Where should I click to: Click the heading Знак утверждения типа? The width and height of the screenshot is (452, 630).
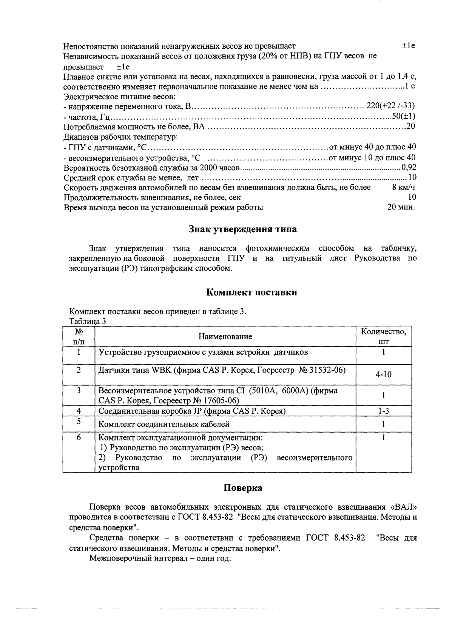point(242,229)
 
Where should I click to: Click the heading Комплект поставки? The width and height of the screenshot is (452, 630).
point(251,292)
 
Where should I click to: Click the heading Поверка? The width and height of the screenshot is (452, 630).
point(243,488)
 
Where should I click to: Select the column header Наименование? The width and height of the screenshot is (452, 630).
point(225,336)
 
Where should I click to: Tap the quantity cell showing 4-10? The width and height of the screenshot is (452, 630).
point(383,374)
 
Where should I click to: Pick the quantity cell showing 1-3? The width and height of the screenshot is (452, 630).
point(383,411)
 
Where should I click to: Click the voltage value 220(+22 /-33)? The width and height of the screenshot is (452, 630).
point(390,106)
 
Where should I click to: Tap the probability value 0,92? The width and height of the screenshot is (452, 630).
point(409,167)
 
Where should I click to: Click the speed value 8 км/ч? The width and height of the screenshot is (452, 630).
point(404,187)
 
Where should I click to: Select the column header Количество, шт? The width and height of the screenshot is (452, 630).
point(383,336)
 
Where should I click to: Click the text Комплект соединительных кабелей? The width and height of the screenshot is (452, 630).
point(164,424)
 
